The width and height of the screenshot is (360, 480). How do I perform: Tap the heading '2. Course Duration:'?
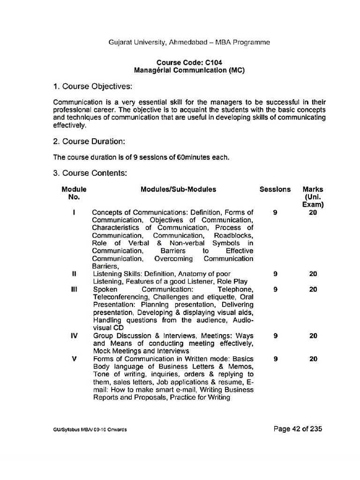click(89, 141)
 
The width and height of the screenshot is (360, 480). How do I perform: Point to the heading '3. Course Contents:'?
click(90, 173)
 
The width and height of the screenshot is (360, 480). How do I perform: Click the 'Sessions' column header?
click(275, 189)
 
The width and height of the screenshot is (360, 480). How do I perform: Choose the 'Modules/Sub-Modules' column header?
click(178, 189)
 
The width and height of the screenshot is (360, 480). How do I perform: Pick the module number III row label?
click(74, 290)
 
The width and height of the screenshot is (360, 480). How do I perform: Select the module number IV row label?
click(74, 336)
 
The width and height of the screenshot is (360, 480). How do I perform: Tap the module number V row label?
click(74, 359)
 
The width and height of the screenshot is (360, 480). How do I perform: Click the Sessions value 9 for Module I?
click(275, 212)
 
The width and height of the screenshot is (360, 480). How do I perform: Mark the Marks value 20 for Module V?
click(313, 359)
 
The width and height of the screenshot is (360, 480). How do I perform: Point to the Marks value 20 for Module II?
click(313, 274)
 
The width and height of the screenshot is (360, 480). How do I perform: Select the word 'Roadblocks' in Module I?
click(233, 235)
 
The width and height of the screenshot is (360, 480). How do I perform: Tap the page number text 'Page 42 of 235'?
click(298, 428)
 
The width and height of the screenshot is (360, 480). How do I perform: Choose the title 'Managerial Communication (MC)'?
click(189, 70)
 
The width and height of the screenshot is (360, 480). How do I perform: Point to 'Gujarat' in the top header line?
click(121, 42)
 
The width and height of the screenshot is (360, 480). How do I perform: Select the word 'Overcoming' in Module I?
click(173, 258)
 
